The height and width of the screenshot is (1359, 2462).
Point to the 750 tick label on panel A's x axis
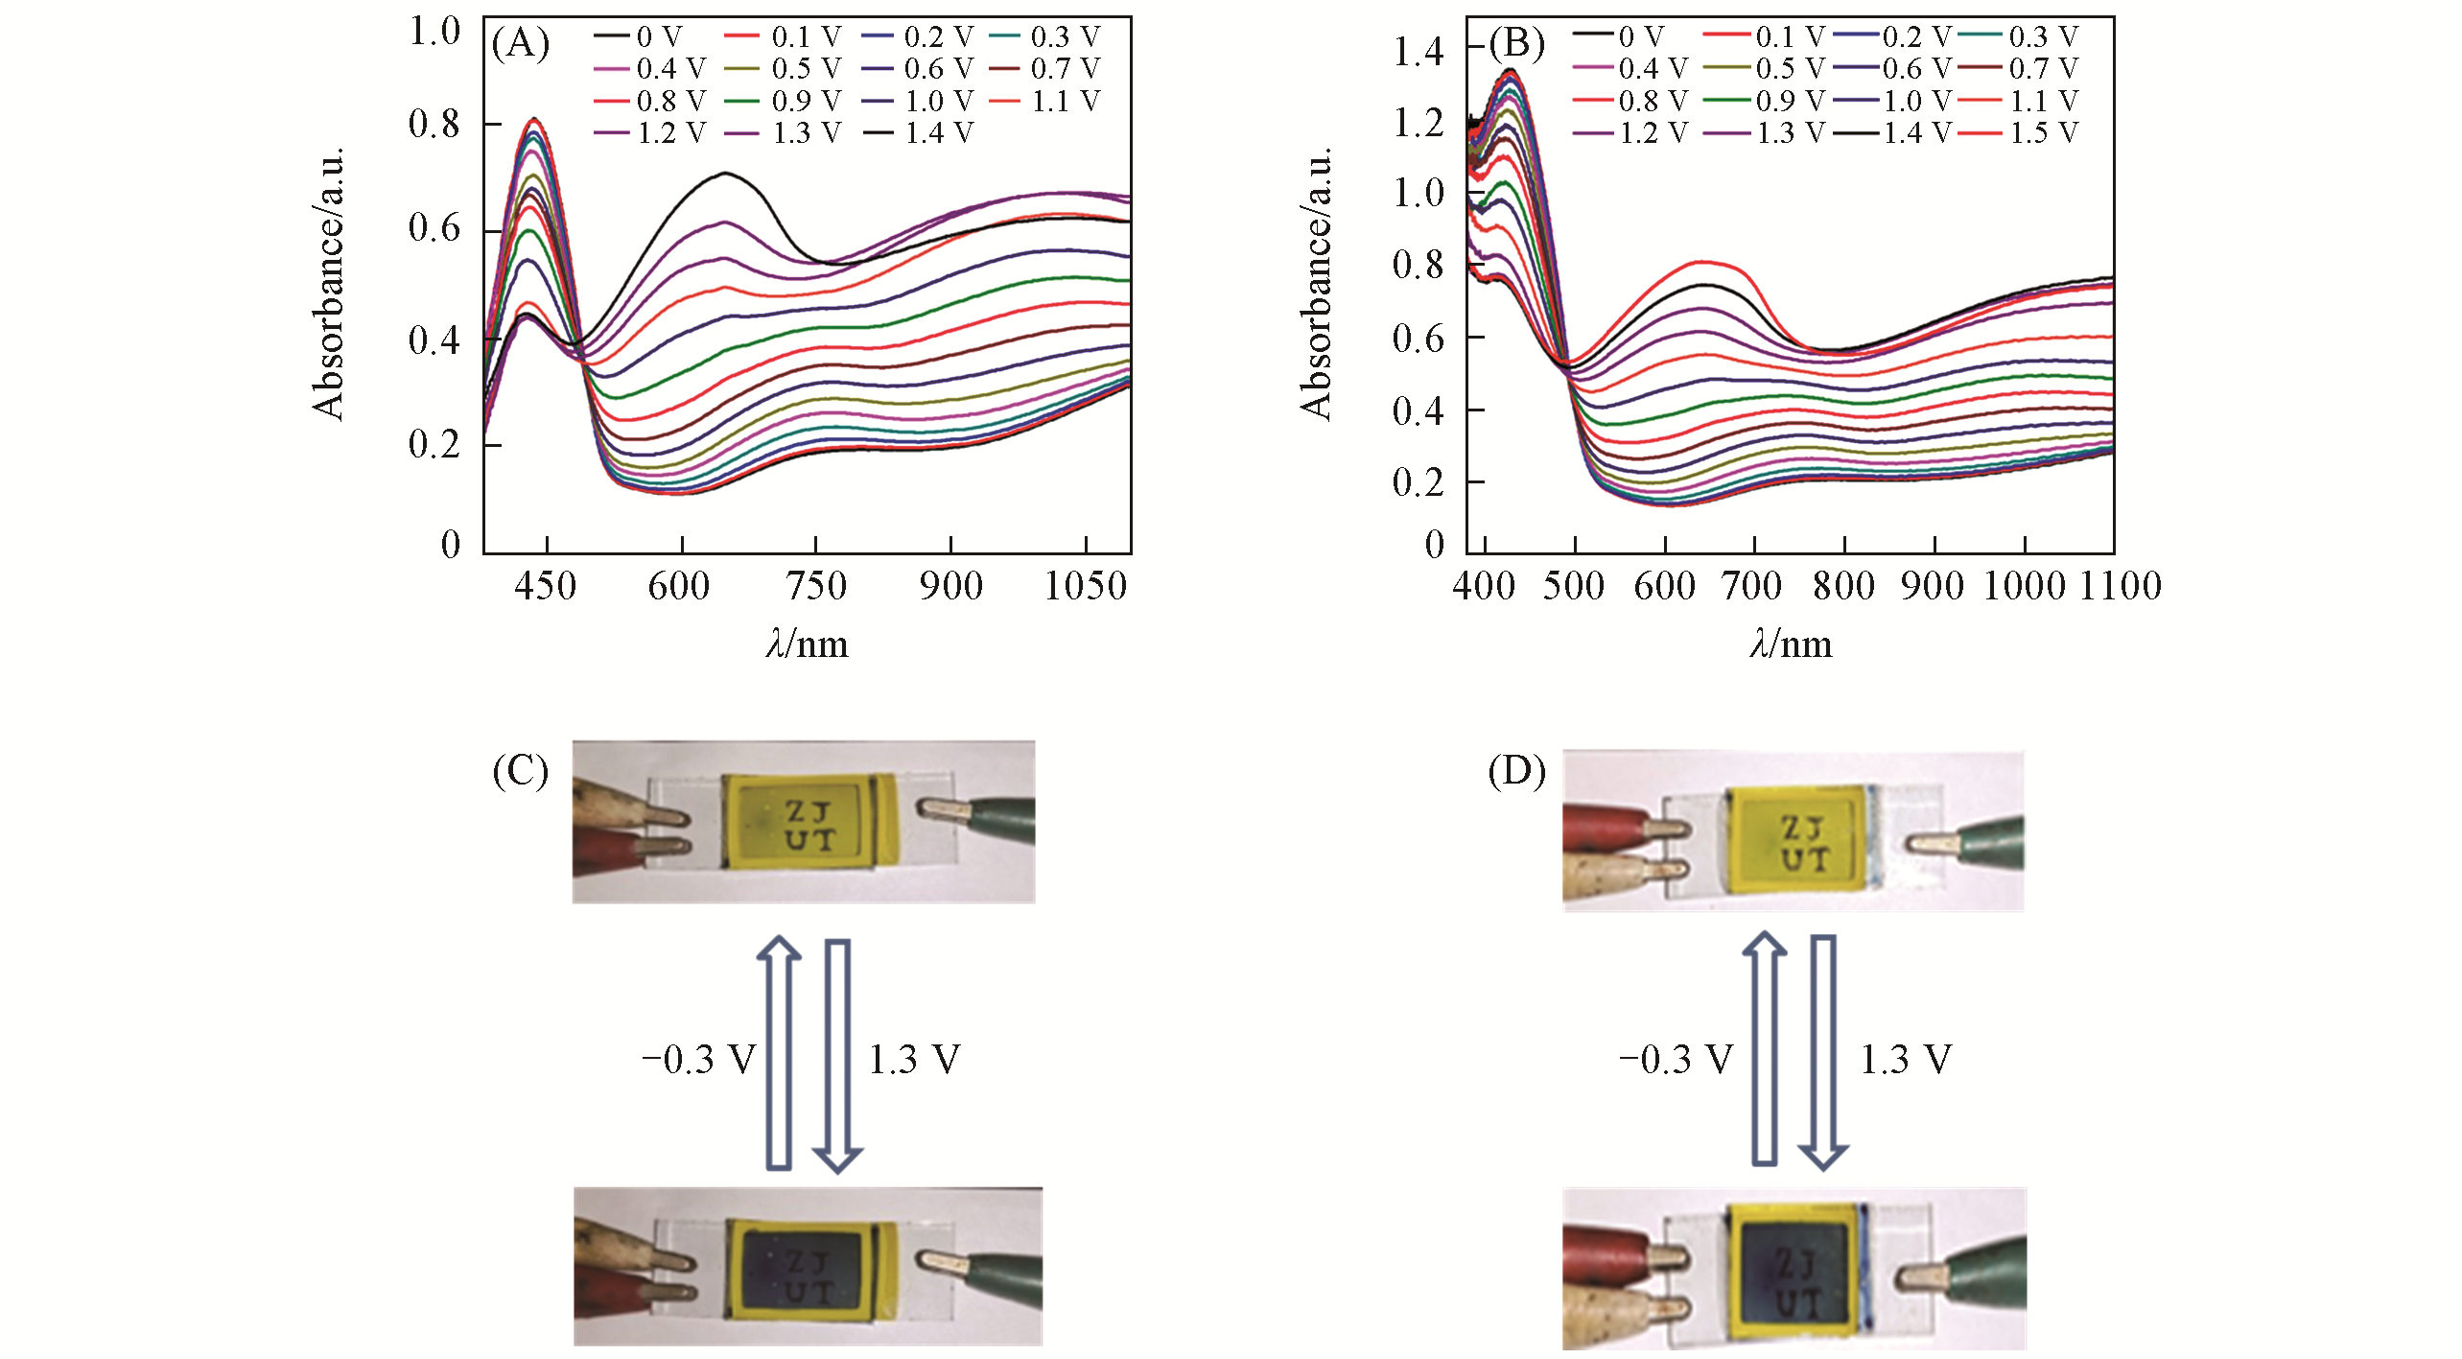click(x=815, y=585)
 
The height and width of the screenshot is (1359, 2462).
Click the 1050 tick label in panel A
click(x=1085, y=585)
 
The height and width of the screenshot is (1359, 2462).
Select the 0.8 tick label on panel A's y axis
click(x=434, y=124)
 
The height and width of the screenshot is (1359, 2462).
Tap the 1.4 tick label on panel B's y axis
click(x=1418, y=50)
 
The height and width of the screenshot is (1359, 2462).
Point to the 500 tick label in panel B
click(x=1574, y=585)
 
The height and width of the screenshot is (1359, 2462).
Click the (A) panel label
click(x=520, y=43)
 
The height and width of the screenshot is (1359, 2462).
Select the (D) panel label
click(x=1516, y=770)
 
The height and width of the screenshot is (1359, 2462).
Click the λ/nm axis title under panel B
click(x=1790, y=644)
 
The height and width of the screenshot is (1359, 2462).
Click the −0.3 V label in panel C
click(x=698, y=1059)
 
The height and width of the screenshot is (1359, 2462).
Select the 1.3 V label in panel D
click(x=1906, y=1059)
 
